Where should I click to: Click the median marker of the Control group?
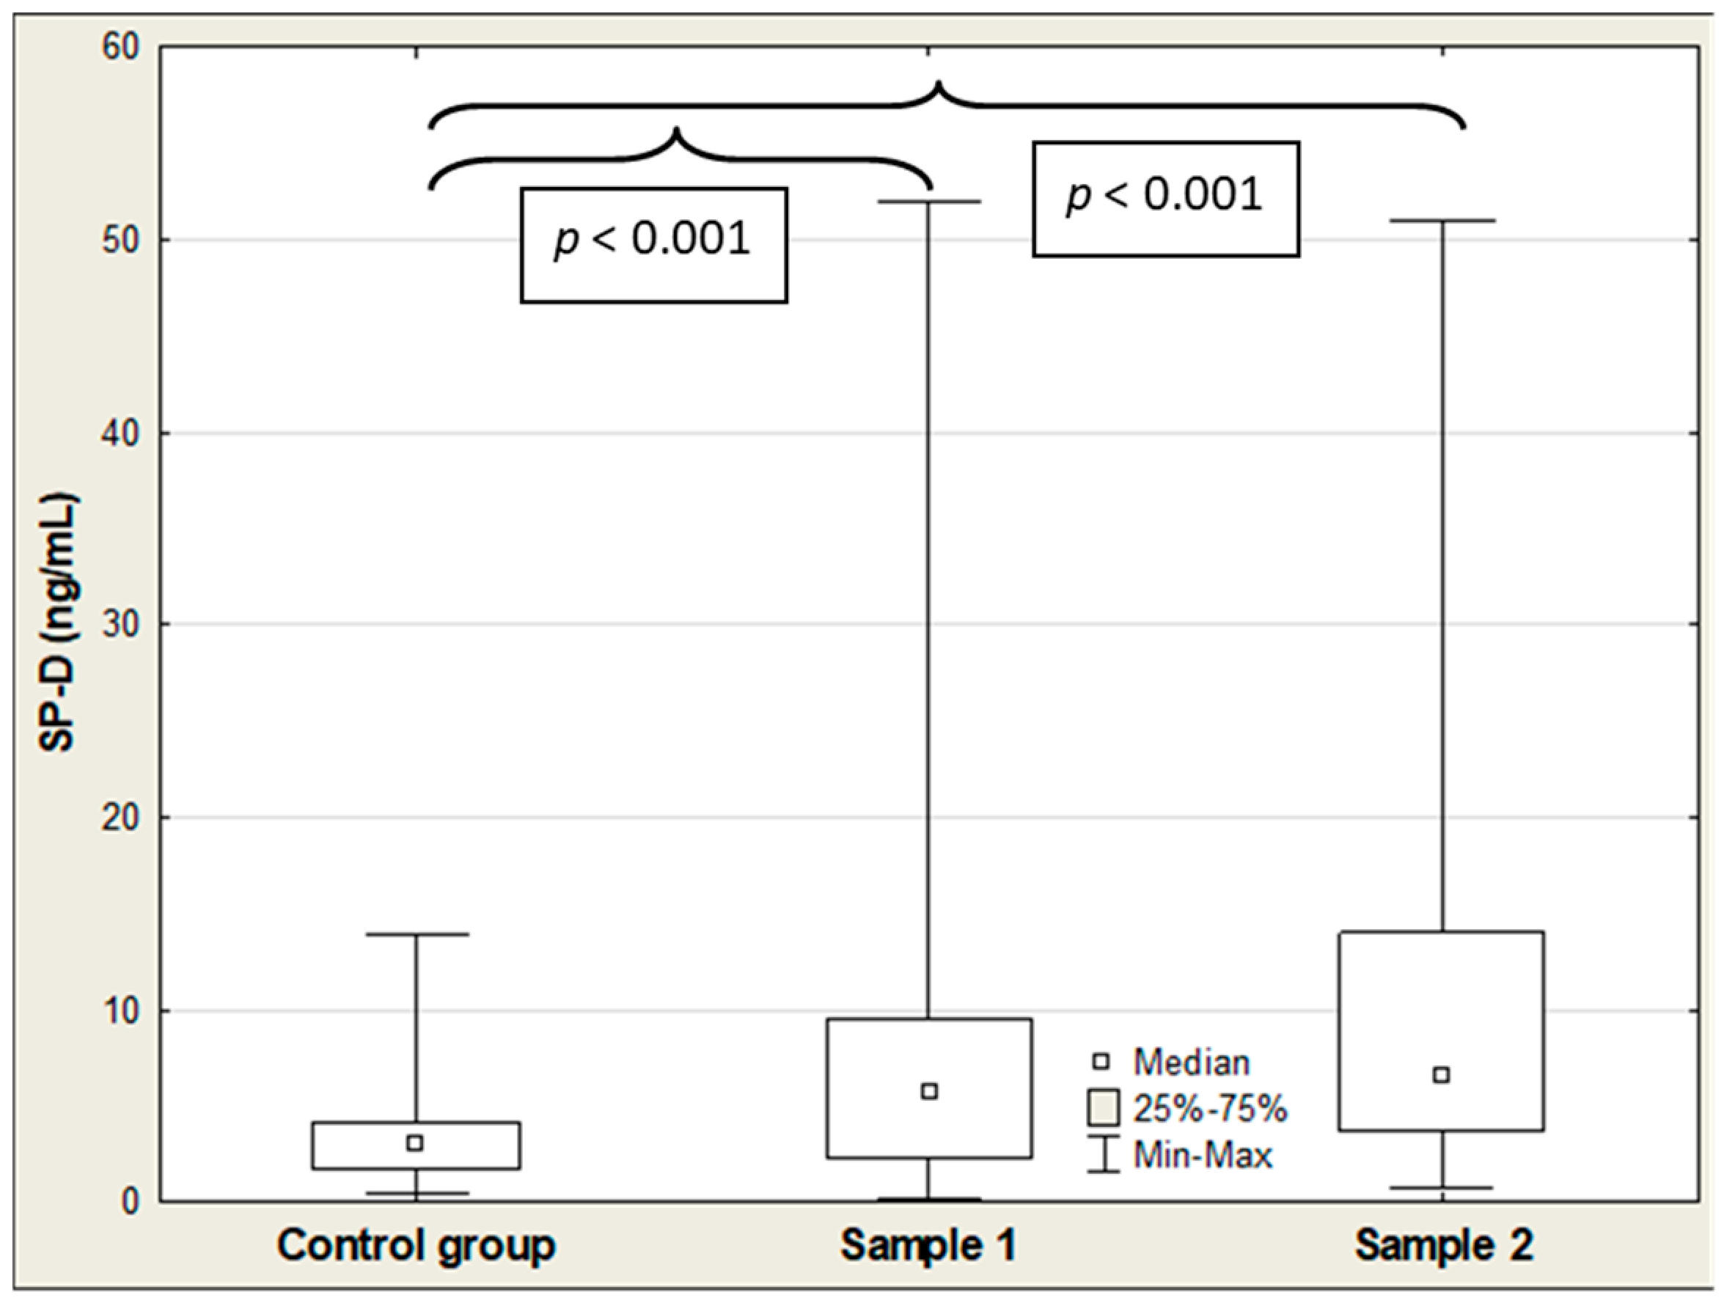[415, 1143]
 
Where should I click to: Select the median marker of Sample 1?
[929, 1092]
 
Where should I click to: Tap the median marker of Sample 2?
[1442, 1075]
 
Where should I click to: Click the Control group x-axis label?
[417, 1246]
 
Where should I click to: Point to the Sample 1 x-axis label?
[928, 1246]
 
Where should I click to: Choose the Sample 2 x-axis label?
[1444, 1246]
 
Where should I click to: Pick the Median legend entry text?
[1192, 1062]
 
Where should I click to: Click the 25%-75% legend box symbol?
[1103, 1107]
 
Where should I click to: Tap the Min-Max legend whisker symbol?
[1103, 1154]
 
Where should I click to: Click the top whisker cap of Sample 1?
[929, 202]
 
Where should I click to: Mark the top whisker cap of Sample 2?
[1442, 221]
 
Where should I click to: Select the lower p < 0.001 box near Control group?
[654, 245]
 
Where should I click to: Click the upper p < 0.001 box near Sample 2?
[1166, 199]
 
